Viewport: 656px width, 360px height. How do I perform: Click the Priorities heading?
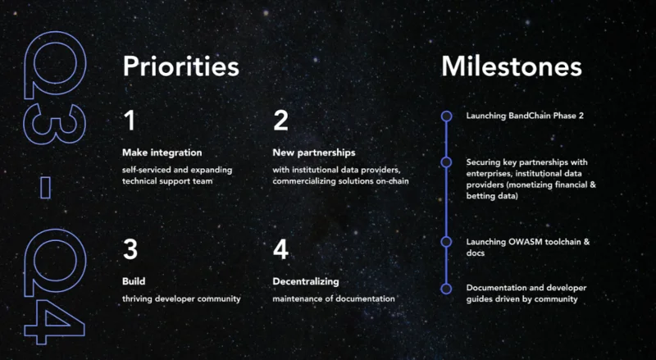coord(180,67)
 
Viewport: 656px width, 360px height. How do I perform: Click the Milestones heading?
coord(511,66)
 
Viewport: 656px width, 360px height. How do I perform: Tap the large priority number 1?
coord(130,121)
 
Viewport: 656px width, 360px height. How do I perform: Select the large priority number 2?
coord(280,121)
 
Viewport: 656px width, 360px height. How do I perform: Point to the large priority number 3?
coord(130,249)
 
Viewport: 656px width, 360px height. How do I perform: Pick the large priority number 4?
coord(280,249)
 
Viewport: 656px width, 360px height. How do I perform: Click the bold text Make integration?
coord(162,153)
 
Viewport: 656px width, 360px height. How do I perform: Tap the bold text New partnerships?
coord(314,153)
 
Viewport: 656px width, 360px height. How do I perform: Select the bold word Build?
coord(134,281)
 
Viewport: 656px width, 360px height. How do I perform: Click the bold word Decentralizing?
coord(306,282)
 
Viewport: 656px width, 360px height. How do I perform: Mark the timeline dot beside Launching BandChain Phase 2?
coord(446,116)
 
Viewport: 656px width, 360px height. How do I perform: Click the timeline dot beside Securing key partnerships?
coord(446,162)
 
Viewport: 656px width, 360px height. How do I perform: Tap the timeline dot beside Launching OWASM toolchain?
coord(446,242)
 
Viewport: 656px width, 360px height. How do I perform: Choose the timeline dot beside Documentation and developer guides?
coord(446,289)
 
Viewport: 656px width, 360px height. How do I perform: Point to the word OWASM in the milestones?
coord(523,242)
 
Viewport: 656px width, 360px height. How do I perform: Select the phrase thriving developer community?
coord(181,298)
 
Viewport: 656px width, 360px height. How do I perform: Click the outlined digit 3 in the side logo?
coord(55,125)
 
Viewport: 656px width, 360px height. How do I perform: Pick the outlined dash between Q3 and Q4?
coord(45,188)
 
